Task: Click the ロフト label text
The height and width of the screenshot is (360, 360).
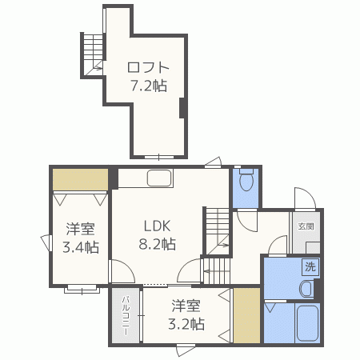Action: [x=149, y=68]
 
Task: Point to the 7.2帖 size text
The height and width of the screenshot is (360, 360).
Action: [x=149, y=85]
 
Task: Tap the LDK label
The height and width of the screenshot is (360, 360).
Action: [x=158, y=225]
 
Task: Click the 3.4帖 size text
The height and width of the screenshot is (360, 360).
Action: [x=81, y=246]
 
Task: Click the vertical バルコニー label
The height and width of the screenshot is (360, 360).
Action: [x=126, y=315]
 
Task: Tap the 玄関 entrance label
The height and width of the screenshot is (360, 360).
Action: [x=307, y=226]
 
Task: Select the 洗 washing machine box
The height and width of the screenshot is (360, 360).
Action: [x=308, y=267]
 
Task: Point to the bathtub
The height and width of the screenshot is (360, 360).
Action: [x=307, y=324]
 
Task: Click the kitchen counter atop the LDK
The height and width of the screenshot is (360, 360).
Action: [x=160, y=178]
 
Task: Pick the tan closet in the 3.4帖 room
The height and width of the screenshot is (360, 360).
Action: [x=81, y=179]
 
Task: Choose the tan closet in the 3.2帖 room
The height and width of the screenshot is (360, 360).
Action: [x=246, y=316]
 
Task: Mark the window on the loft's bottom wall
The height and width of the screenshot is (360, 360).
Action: [x=158, y=155]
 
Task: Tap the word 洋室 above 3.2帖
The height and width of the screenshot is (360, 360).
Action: [x=186, y=306]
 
